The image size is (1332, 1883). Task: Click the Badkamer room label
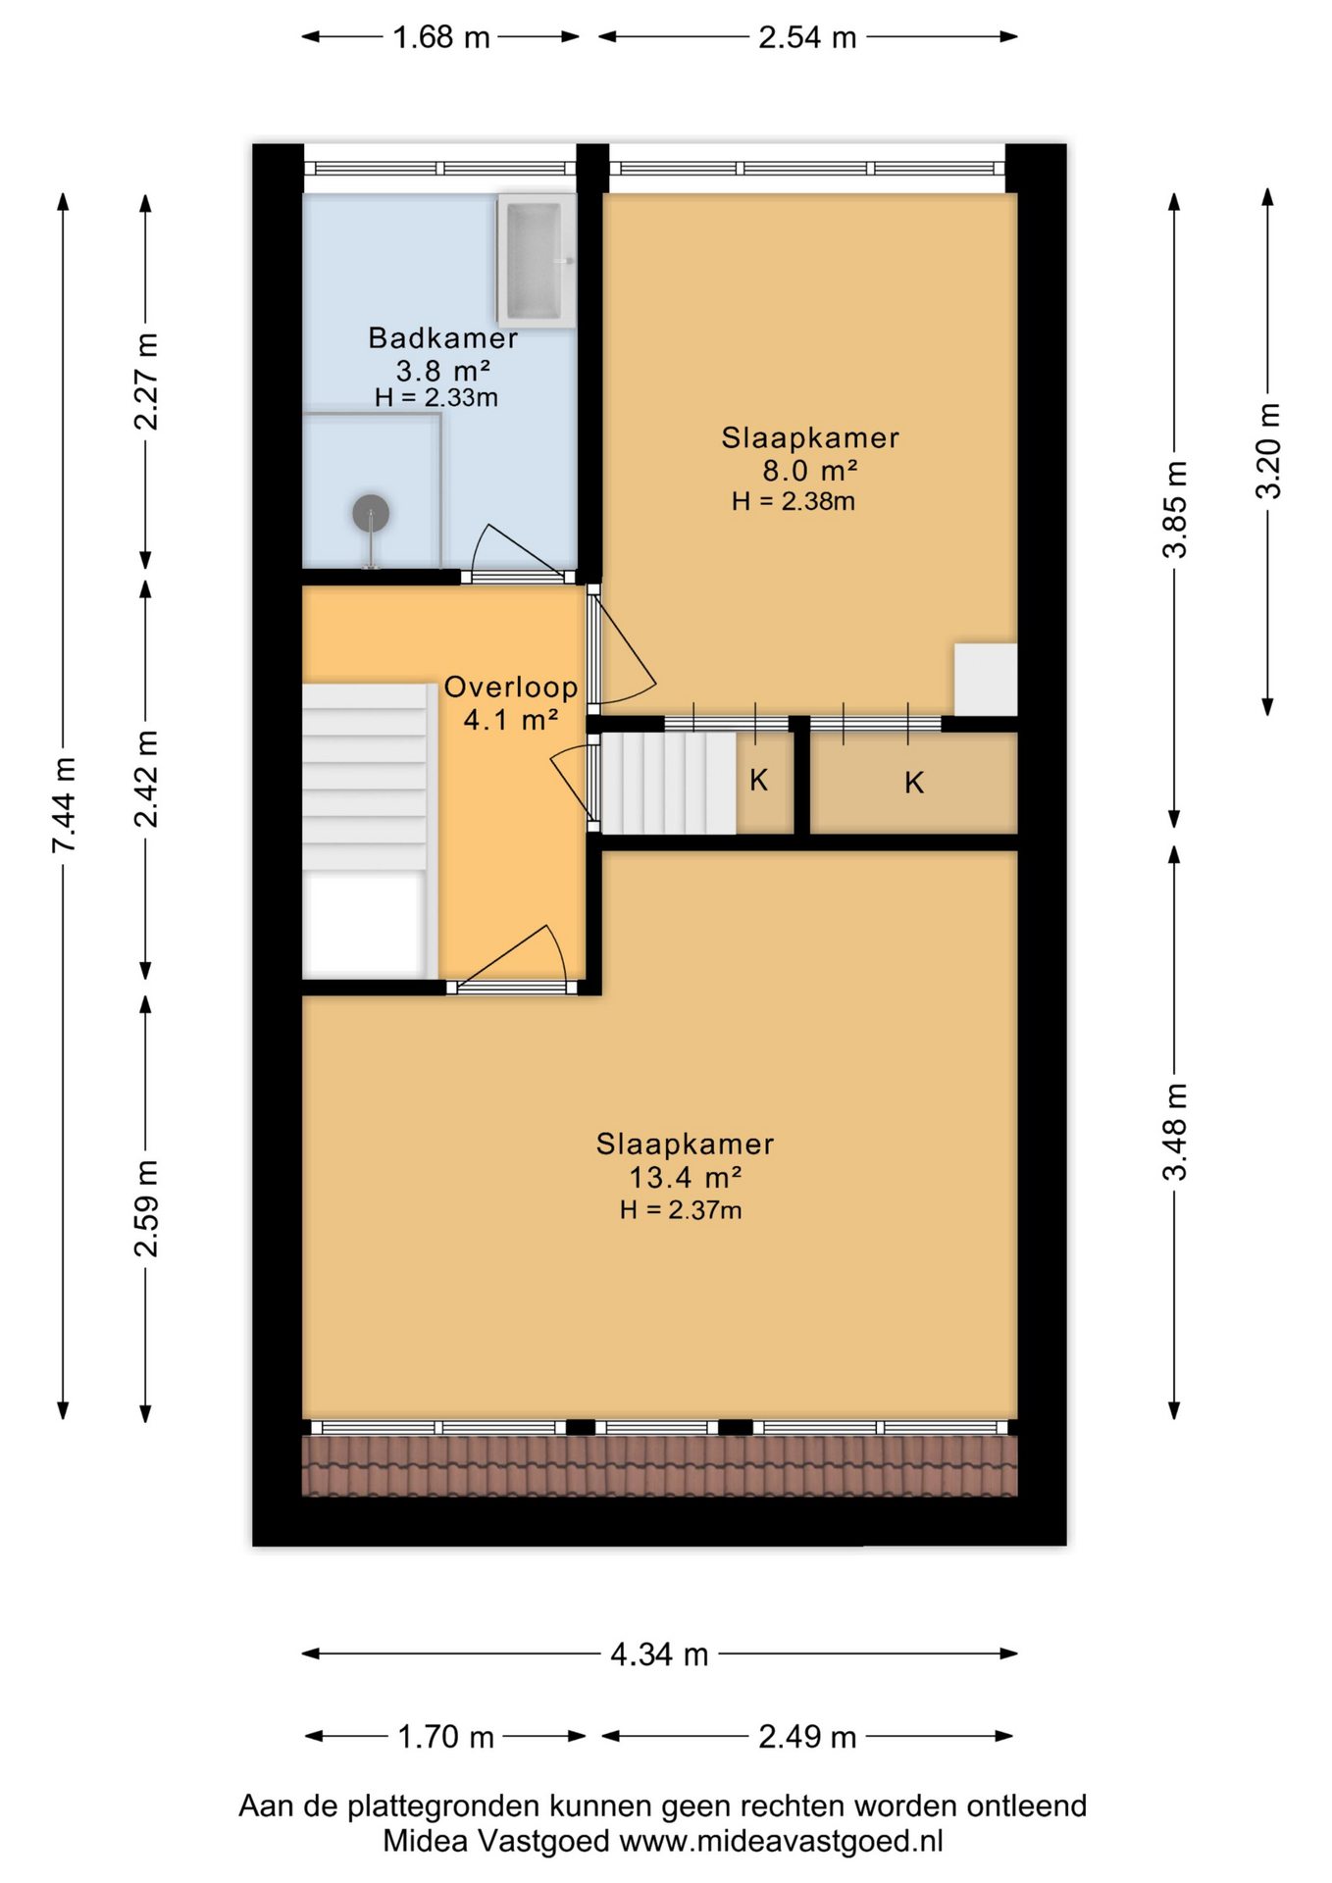point(442,338)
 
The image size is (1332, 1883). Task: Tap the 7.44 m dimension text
point(64,804)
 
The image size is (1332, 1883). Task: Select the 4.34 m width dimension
point(658,1654)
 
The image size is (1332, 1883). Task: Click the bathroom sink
point(536,261)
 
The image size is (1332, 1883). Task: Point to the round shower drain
point(371,512)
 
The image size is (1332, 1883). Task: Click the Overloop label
point(510,687)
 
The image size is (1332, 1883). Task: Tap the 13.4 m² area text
point(684,1177)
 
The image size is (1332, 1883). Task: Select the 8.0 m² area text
point(809,470)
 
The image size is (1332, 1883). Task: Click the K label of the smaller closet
point(758,781)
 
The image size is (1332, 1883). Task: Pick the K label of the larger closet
point(913,783)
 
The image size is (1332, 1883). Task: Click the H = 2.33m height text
point(436,398)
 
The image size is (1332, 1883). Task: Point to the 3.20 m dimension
point(1268,451)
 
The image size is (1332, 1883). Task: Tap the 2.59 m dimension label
point(146,1208)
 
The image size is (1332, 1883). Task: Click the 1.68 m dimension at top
point(440,37)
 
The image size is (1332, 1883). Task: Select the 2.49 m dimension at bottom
point(806,1737)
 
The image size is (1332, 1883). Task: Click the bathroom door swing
point(511,551)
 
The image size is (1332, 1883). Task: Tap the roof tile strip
point(658,1465)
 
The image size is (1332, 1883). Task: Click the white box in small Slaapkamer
point(985,679)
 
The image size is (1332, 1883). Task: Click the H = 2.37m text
point(680,1210)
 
